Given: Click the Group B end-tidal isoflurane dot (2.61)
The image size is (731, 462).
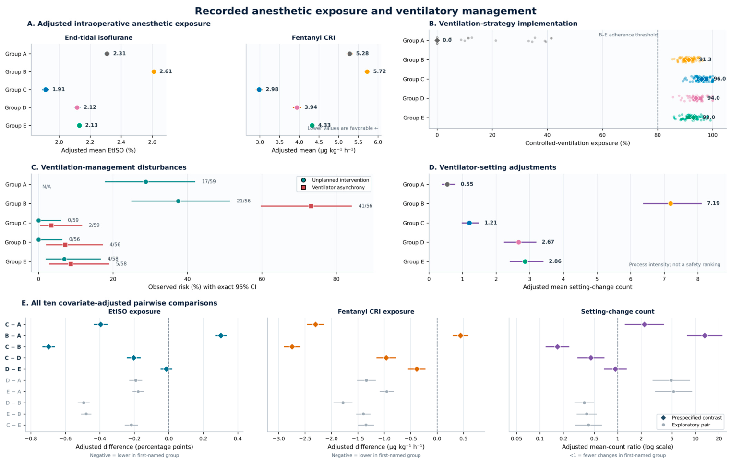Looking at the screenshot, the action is click(154, 72).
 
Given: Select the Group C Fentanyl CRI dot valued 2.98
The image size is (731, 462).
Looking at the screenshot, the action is click(259, 90).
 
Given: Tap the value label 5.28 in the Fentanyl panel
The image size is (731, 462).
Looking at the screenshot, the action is click(362, 54).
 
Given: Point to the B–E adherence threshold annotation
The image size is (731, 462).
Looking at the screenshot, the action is click(628, 35).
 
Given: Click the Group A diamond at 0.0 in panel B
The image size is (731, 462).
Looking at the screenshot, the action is click(437, 40).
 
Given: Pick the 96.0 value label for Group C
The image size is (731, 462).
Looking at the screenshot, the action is click(719, 79).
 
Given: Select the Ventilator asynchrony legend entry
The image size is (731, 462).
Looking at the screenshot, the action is click(335, 187).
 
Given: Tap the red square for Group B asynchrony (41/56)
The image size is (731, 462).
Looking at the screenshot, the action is click(311, 206).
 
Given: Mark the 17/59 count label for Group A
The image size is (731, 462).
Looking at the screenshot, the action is click(209, 182).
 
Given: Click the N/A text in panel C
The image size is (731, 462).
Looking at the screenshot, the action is click(47, 187).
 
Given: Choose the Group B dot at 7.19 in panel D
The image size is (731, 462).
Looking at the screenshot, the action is click(671, 203).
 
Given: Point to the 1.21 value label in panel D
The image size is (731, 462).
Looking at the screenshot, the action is click(491, 223).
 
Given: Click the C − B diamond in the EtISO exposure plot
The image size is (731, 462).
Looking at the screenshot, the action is click(48, 347).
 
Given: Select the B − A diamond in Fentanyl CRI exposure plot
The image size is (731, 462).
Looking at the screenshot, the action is click(460, 336).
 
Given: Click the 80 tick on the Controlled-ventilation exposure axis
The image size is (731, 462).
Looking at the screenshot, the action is click(658, 135).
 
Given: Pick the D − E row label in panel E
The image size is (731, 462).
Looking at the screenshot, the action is click(13, 369).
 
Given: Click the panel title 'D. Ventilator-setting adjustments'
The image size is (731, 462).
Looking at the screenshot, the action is click(492, 167).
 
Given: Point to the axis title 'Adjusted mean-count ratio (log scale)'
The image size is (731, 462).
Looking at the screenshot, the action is click(617, 447).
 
